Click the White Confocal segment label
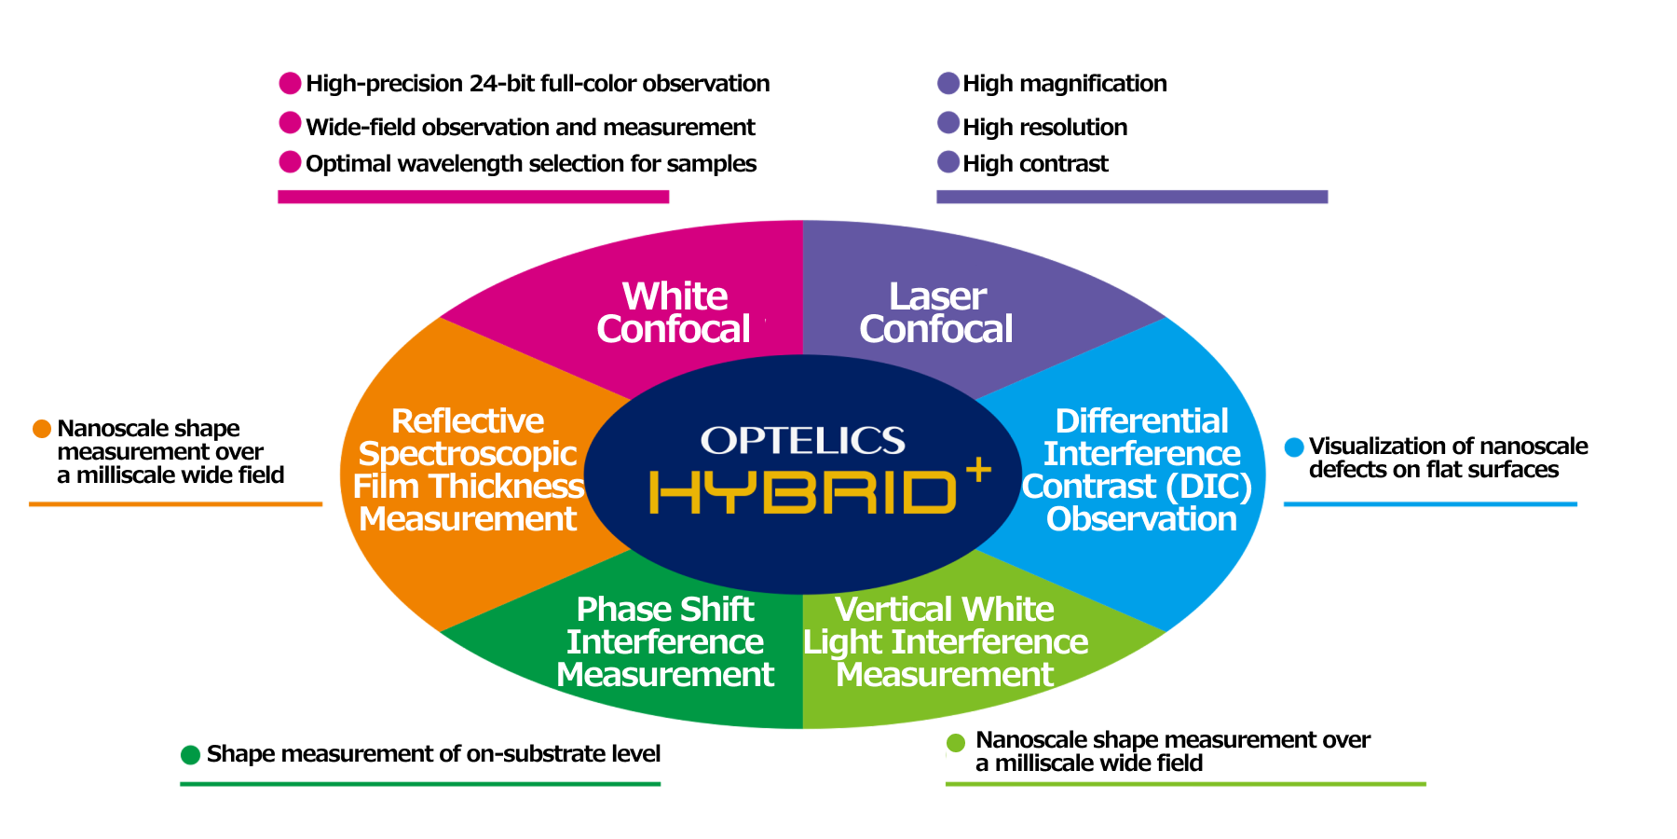(x=675, y=313)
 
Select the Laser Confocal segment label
(x=936, y=313)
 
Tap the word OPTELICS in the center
(x=802, y=441)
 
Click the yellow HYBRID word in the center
(x=802, y=492)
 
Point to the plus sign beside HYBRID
(x=978, y=470)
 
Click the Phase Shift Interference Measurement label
(x=665, y=642)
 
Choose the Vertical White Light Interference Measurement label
(x=945, y=642)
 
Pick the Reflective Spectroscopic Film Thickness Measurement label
(x=469, y=470)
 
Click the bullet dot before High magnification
(x=948, y=83)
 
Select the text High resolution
(x=1044, y=127)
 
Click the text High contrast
(x=1035, y=164)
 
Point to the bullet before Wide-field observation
(x=291, y=123)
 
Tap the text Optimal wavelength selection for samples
(x=530, y=164)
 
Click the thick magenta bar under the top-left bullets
(x=473, y=197)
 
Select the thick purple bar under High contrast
(x=1132, y=197)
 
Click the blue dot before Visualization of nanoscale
(x=1294, y=447)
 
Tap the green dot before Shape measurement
(x=191, y=754)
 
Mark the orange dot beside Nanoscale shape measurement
(x=42, y=429)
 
